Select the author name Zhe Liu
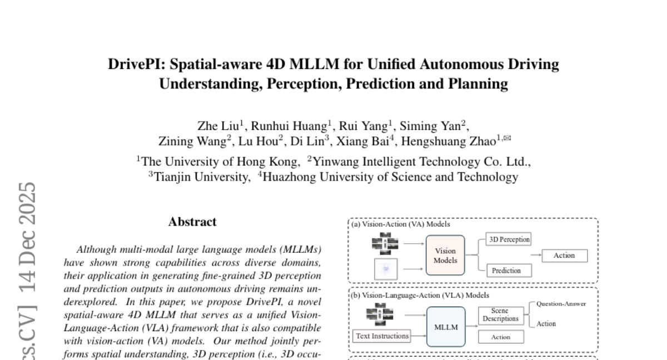tap(218, 126)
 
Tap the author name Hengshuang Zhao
tap(447, 141)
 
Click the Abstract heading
tap(192, 222)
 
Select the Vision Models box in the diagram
tap(445, 255)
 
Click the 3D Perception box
tap(509, 239)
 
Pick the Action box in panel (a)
tap(564, 255)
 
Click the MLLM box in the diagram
tap(446, 327)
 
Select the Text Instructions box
tap(382, 336)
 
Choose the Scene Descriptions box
tap(500, 315)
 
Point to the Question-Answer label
tap(561, 304)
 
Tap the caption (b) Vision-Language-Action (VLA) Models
tap(420, 296)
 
